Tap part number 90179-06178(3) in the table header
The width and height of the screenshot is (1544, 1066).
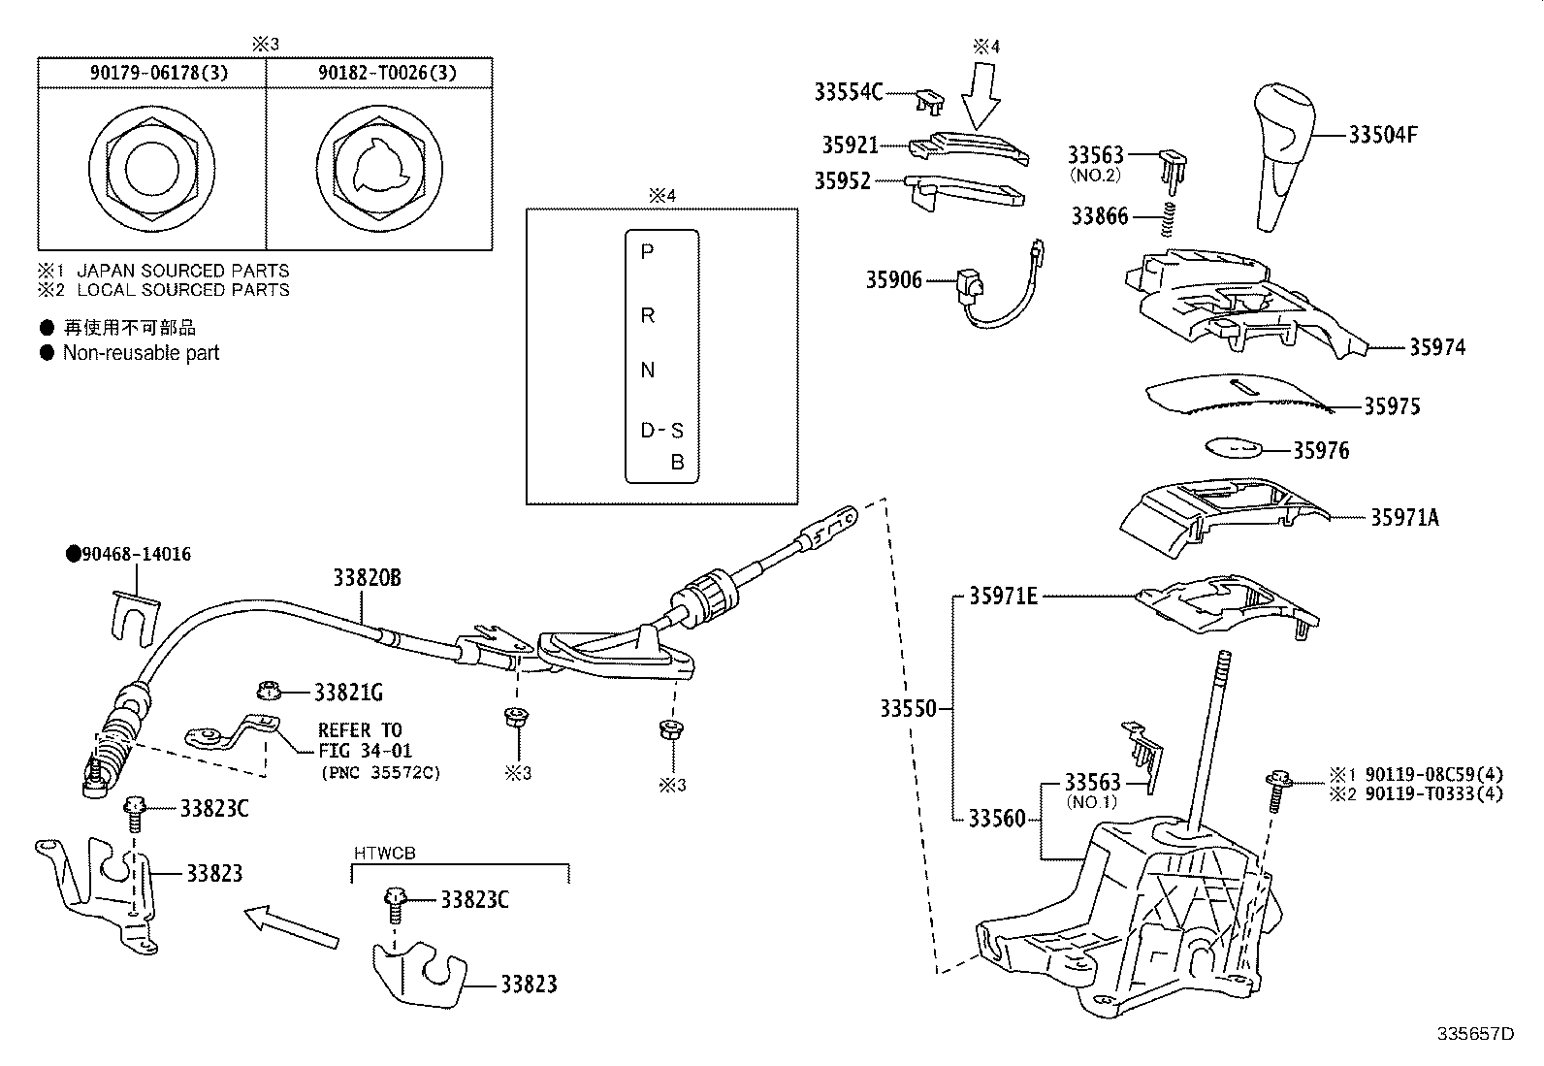tap(158, 73)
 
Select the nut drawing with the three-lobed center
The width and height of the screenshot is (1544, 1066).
tap(379, 169)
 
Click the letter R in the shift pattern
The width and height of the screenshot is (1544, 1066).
tap(647, 316)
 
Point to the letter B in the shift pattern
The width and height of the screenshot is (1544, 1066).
tap(678, 462)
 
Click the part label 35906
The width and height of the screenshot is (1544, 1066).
tap(894, 280)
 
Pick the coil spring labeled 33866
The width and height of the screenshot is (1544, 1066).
tap(1168, 218)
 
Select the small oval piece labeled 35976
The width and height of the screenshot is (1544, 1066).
tap(1233, 447)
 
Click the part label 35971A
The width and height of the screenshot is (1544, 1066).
tap(1404, 517)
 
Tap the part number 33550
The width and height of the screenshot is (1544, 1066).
tap(908, 708)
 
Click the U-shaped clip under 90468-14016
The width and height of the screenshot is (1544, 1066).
tap(135, 618)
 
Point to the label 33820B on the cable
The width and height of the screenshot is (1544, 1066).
tap(367, 577)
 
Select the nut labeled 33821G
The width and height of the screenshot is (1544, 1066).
tap(269, 690)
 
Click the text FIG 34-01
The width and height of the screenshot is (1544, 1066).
tap(365, 750)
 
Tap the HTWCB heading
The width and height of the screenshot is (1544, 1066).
tap(385, 853)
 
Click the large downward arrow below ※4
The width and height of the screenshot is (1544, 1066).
tap(981, 96)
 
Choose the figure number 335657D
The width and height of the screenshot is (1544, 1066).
tap(1476, 1034)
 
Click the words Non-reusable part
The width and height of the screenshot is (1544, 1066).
tap(141, 353)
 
